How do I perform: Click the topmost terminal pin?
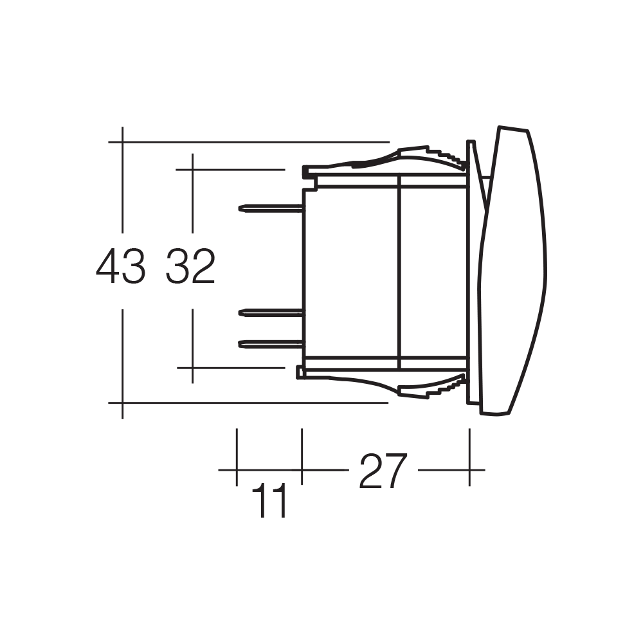coord(270,208)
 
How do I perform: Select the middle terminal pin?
coord(270,313)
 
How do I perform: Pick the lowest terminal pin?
coord(270,345)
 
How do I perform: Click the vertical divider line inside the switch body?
coord(400,270)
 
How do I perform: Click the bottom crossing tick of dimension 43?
coord(122,403)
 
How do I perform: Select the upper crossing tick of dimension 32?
coord(192,170)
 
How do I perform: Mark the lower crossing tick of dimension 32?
coord(192,368)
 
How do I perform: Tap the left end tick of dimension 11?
coord(237,470)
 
